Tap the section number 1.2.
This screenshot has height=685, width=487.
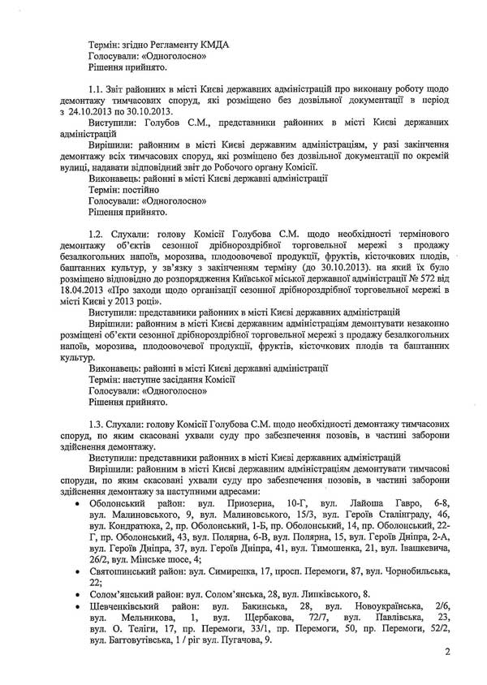pyautogui.click(x=97, y=234)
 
